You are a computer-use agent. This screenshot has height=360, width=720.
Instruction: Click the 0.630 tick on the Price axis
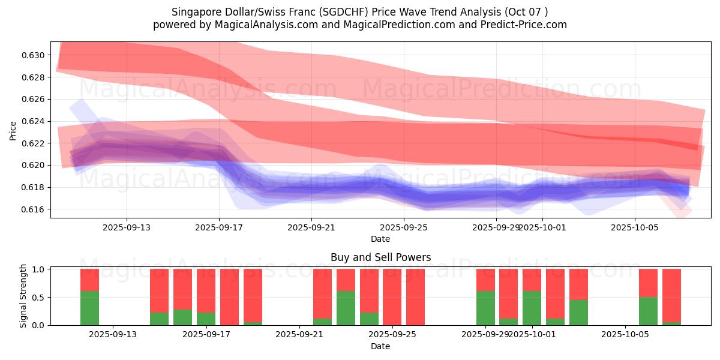[35, 55]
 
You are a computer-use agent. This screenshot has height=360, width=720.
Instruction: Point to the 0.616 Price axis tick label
[35, 209]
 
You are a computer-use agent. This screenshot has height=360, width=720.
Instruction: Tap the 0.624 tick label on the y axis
[35, 121]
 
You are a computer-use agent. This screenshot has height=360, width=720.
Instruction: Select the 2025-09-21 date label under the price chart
[311, 227]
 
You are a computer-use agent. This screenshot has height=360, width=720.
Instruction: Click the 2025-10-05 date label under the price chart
[635, 227]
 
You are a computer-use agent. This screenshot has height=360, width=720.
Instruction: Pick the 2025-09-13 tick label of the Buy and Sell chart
[113, 335]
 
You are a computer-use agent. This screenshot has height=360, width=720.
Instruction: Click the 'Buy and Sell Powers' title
[380, 257]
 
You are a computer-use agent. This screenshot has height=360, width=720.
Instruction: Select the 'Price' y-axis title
[13, 130]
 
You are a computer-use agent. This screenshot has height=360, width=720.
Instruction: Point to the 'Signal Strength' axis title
[23, 296]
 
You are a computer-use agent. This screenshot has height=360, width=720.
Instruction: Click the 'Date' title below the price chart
[380, 239]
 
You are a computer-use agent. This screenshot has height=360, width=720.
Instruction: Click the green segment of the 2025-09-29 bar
[485, 308]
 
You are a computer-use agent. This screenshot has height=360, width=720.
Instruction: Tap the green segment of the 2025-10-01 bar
[532, 308]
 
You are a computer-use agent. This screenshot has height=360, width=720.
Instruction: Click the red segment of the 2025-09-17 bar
[206, 290]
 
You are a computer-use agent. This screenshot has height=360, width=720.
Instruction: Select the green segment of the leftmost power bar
[89, 308]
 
